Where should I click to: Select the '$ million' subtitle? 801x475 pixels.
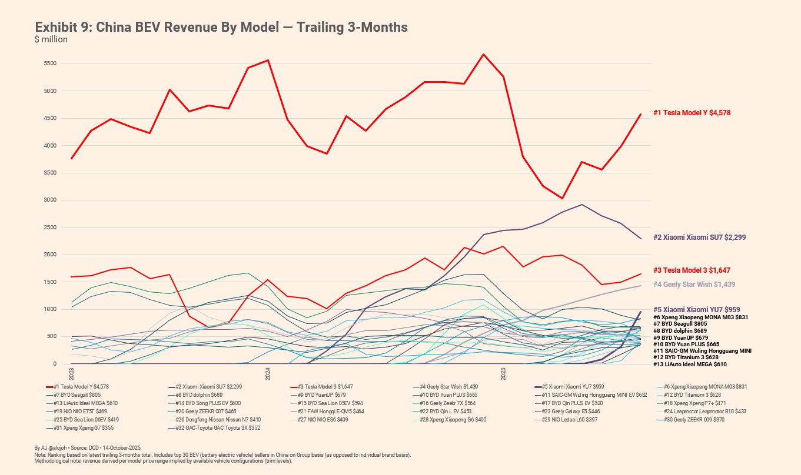click(51, 39)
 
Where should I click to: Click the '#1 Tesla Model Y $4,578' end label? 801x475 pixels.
click(692, 112)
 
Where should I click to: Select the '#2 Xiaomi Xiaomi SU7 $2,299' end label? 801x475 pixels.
click(700, 237)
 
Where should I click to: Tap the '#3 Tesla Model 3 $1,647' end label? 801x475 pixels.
click(692, 270)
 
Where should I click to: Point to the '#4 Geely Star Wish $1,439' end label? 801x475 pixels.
click(694, 285)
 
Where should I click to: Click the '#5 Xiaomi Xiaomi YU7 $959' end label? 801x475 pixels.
click(697, 309)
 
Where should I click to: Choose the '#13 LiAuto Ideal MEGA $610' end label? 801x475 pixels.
click(690, 364)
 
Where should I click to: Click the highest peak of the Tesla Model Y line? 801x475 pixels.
click(483, 54)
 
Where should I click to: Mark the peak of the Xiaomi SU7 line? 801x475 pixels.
click(581, 205)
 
